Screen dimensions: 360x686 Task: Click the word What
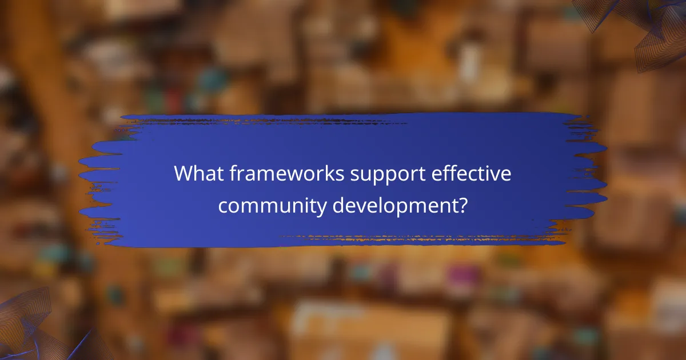coord(198,174)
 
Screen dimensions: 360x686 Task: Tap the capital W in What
coord(185,174)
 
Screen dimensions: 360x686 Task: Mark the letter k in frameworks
coord(325,174)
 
